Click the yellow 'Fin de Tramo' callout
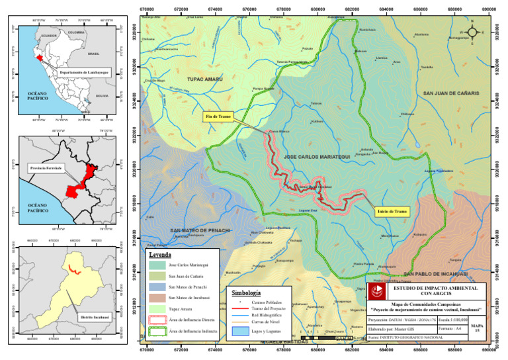coord(217,116)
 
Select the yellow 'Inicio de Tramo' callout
coord(392,212)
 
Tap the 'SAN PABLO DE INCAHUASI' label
coord(436,273)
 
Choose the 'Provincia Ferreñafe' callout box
coord(46,169)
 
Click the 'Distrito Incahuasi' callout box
coord(93,318)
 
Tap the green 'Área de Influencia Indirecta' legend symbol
coord(156,330)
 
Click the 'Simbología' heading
coord(246,292)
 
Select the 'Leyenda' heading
coord(160,254)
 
